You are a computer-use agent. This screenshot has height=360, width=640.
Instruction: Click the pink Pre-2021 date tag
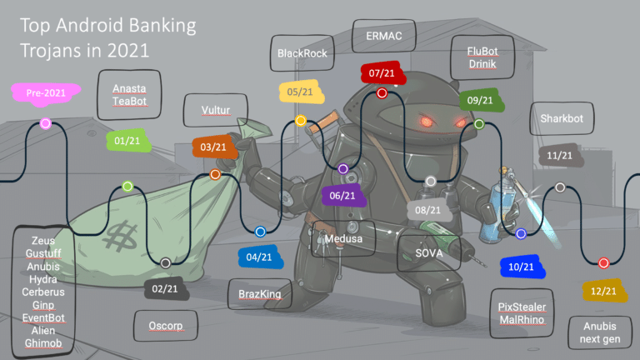pyautogui.click(x=46, y=93)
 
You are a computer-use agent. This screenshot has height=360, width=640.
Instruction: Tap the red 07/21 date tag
pyautogui.click(x=382, y=73)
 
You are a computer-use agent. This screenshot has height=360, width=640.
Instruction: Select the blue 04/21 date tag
pyautogui.click(x=260, y=257)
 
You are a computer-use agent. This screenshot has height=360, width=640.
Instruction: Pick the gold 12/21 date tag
pyautogui.click(x=604, y=291)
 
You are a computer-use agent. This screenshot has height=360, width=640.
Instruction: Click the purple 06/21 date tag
pyautogui.click(x=342, y=196)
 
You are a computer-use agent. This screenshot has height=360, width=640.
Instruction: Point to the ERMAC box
pyautogui.click(x=383, y=36)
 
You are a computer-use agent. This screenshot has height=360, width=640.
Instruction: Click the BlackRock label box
pyautogui.click(x=302, y=53)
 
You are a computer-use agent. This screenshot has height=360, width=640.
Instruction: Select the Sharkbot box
pyautogui.click(x=562, y=118)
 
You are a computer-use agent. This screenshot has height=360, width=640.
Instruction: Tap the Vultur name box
pyautogui.click(x=216, y=110)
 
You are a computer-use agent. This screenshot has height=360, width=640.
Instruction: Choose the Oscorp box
pyautogui.click(x=165, y=326)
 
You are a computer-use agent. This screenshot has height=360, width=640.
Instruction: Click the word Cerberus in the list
pyautogui.click(x=43, y=292)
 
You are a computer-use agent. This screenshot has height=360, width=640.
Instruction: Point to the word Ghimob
pyautogui.click(x=43, y=343)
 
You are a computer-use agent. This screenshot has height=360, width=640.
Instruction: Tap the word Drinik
pyautogui.click(x=482, y=64)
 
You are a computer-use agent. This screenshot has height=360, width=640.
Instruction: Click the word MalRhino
pyautogui.click(x=522, y=320)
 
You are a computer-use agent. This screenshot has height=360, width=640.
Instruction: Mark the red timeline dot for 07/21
pyautogui.click(x=382, y=93)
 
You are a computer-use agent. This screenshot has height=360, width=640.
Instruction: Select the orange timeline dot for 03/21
pyautogui.click(x=215, y=175)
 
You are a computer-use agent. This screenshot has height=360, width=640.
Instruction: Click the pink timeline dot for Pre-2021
pyautogui.click(x=46, y=123)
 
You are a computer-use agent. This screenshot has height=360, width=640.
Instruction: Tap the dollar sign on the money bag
pyautogui.click(x=120, y=236)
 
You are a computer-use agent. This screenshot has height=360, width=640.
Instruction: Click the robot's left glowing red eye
pyautogui.click(x=427, y=121)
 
